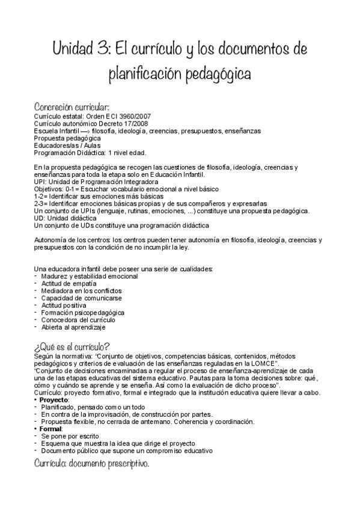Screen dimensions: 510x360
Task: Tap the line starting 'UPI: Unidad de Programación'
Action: coord(96,181)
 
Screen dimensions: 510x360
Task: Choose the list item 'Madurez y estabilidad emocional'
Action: coord(89,276)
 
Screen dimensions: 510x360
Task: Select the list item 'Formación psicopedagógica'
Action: coord(82,313)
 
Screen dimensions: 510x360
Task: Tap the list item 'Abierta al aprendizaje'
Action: coord(73,327)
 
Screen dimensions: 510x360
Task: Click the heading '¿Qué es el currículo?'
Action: coord(72,346)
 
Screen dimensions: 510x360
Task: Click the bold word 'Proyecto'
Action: coord(55,400)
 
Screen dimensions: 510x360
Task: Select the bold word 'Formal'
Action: coord(52,429)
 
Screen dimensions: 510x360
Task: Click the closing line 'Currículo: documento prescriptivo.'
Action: coord(91,464)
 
